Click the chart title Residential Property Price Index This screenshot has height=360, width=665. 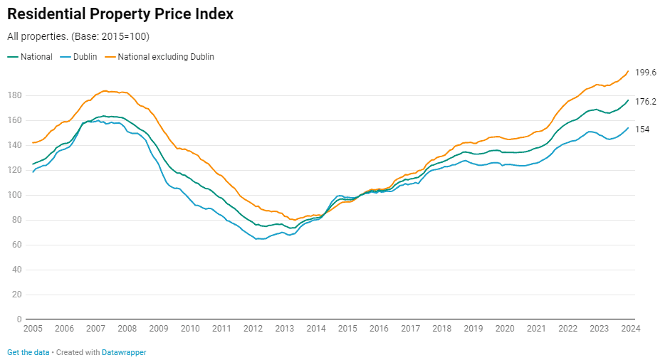pos(120,14)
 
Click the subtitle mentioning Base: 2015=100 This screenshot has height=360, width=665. pos(78,36)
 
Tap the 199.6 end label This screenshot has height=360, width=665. pos(645,73)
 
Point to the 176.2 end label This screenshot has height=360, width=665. pos(645,102)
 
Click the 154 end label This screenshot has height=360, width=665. pos(642,129)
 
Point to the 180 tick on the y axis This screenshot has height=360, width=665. pos(15,95)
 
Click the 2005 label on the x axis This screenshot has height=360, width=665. pos(33,329)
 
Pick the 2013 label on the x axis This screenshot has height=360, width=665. pos(284,329)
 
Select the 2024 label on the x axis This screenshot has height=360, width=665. pos(630,329)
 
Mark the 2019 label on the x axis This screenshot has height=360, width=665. pos(473,329)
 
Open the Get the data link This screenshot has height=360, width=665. pos(28,352)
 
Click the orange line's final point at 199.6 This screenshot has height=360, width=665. pos(628,70)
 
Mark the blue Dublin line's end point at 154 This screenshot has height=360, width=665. pos(628,128)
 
